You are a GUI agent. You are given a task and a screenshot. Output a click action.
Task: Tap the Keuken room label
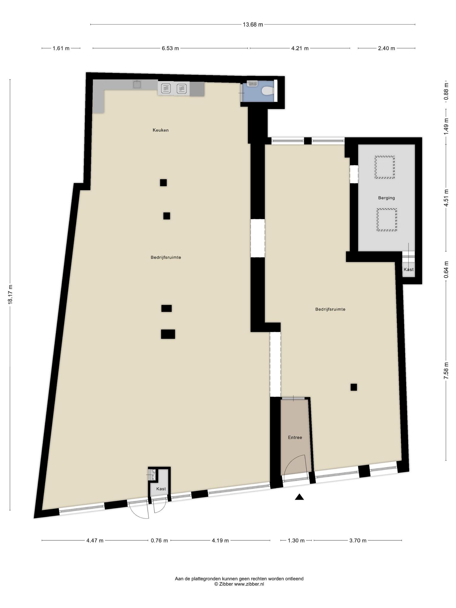click(x=161, y=130)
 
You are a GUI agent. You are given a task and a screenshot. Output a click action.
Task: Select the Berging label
click(x=386, y=198)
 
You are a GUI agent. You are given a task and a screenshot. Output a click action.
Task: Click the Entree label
click(x=295, y=437)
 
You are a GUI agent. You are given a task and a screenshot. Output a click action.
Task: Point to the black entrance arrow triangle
click(x=299, y=497)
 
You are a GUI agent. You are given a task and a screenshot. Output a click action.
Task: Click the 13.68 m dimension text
click(x=253, y=25)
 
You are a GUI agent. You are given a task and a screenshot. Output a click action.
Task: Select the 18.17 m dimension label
click(x=10, y=294)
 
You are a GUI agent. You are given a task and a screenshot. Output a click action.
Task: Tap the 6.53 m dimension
click(x=170, y=48)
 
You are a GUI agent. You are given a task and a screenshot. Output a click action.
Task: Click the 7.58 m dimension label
click(x=446, y=371)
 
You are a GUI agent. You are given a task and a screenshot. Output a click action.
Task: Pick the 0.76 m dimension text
click(x=159, y=540)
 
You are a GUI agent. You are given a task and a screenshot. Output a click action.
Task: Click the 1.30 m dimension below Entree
click(x=296, y=540)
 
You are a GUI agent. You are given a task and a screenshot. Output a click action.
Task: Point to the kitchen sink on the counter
click(x=137, y=85)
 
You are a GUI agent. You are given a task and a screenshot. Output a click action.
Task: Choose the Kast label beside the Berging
click(x=408, y=270)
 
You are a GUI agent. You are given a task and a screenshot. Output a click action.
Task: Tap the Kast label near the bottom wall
click(x=161, y=489)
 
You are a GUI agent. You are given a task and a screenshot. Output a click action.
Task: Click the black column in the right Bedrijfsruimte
click(x=354, y=387)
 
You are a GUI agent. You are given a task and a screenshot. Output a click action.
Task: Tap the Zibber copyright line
click(x=239, y=584)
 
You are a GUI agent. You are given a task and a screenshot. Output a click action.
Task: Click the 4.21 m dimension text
click(x=300, y=48)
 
